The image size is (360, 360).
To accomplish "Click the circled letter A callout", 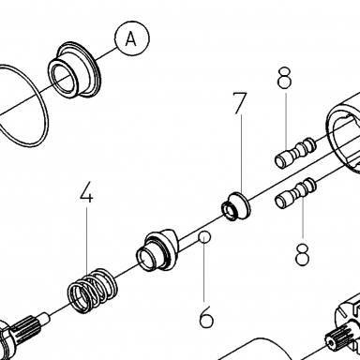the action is [132, 38].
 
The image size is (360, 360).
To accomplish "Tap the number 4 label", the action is [86, 192].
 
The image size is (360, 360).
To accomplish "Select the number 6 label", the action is [206, 317].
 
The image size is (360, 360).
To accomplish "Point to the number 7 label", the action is [240, 103].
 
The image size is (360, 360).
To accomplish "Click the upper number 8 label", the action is [284, 78].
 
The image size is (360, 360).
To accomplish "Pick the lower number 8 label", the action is [302, 255].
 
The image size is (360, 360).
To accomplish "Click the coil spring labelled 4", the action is [93, 291].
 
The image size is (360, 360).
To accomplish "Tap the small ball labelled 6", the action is [204, 237].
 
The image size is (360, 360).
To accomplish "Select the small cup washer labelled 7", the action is [236, 207].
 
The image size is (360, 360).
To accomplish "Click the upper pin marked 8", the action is [295, 153].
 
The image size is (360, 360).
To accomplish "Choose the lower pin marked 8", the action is [295, 193].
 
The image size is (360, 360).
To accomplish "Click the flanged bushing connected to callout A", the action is [74, 69].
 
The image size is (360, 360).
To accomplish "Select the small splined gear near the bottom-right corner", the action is [337, 342].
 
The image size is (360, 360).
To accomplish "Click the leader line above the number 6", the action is [204, 272].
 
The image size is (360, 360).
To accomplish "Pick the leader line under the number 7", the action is [242, 154].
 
